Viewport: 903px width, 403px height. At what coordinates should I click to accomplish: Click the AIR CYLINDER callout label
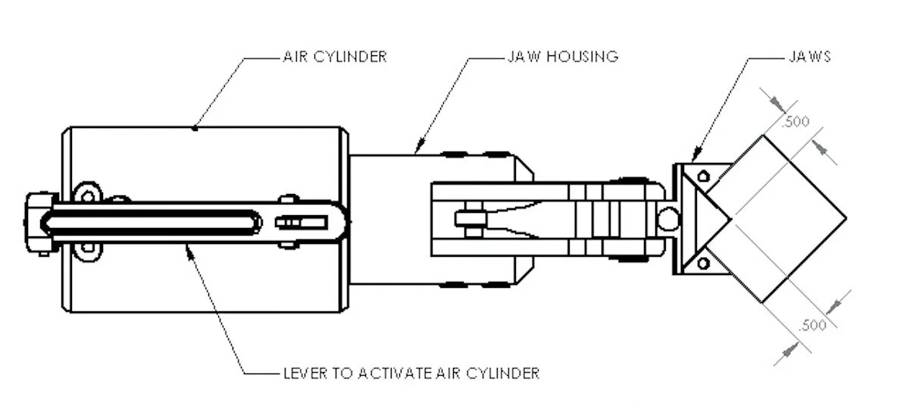click(x=334, y=57)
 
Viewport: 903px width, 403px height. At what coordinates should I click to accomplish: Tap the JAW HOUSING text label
click(x=561, y=57)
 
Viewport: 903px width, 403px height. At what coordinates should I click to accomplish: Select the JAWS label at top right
click(x=809, y=57)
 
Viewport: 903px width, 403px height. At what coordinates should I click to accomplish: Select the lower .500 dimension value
click(x=812, y=326)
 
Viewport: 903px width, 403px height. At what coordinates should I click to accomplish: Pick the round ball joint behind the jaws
click(x=668, y=220)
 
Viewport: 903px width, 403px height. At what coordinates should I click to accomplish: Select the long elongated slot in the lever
click(x=152, y=223)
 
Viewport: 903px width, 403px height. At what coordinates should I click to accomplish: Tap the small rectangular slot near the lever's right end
click(x=302, y=223)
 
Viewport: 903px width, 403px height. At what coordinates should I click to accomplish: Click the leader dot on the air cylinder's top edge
click(x=195, y=128)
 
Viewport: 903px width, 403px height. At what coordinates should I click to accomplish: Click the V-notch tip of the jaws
click(x=730, y=220)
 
